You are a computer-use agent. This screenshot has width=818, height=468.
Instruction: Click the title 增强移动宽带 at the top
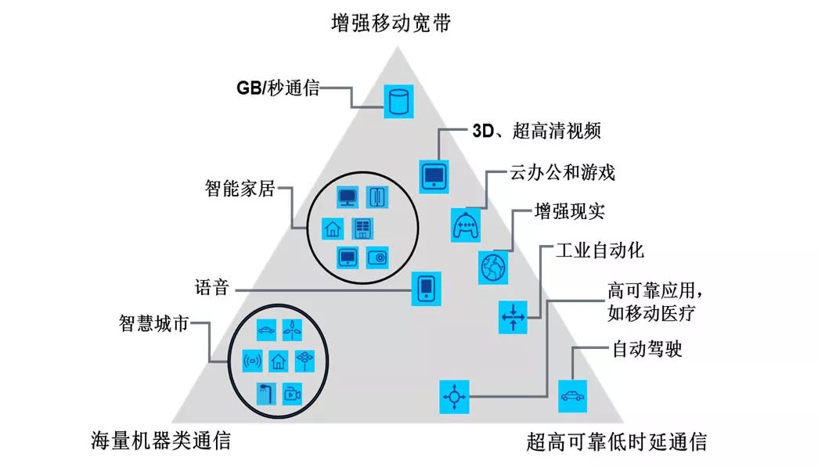[x=391, y=23]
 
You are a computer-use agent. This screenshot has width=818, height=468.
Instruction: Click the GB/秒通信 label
[x=278, y=87]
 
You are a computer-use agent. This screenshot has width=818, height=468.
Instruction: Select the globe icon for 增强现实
[x=493, y=267]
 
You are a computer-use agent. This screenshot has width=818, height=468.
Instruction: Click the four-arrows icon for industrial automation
[x=514, y=317]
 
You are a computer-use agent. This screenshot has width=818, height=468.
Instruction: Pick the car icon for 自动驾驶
[x=571, y=396]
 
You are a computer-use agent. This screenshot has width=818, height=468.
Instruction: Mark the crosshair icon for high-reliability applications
[x=454, y=396]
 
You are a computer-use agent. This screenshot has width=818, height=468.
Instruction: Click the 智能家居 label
[x=240, y=188]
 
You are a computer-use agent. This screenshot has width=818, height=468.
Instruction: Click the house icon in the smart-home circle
[x=333, y=229]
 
